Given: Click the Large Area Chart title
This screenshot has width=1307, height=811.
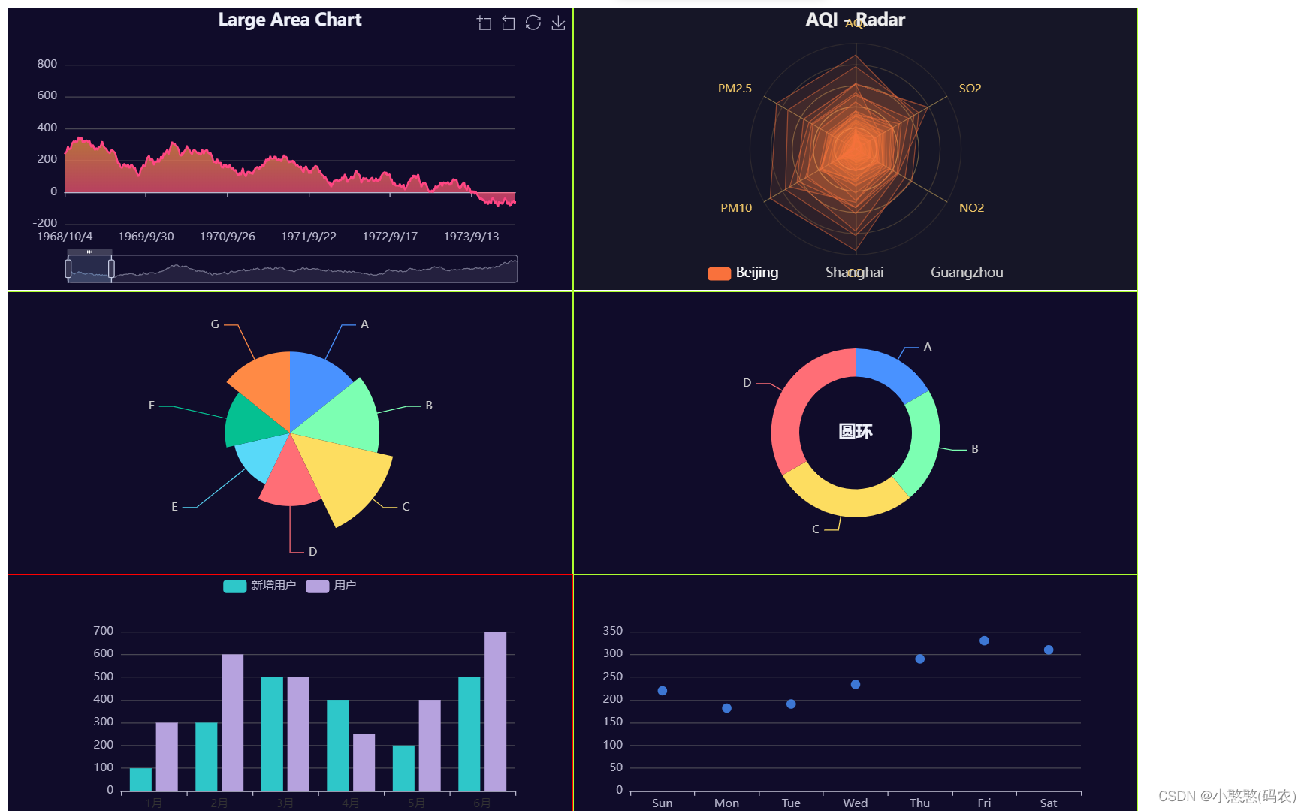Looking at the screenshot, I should pyautogui.click(x=289, y=20).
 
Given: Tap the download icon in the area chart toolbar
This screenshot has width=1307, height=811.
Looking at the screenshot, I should pyautogui.click(x=558, y=23).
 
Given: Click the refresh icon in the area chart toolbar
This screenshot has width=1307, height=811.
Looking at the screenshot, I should pyautogui.click(x=533, y=23).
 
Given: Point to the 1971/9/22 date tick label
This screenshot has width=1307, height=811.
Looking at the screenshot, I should pyautogui.click(x=308, y=237).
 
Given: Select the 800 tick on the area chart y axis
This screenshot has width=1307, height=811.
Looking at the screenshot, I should pyautogui.click(x=47, y=64).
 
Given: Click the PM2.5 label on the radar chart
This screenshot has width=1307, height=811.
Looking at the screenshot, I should pyautogui.click(x=734, y=89).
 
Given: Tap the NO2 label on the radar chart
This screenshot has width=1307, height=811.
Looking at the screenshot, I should pyautogui.click(x=970, y=208).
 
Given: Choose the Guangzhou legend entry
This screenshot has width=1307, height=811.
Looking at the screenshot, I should pyautogui.click(x=966, y=273).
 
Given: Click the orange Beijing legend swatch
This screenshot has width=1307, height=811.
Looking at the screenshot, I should pyautogui.click(x=719, y=273).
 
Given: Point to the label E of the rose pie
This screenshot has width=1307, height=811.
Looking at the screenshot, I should pyautogui.click(x=174, y=507).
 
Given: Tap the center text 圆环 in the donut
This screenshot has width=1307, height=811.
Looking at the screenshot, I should pyautogui.click(x=855, y=432).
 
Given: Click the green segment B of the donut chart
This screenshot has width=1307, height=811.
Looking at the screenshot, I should pyautogui.click(x=922, y=443).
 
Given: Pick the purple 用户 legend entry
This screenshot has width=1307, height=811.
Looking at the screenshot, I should pyautogui.click(x=331, y=586).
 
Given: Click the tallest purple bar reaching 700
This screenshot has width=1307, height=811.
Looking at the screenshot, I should pyautogui.click(x=495, y=710).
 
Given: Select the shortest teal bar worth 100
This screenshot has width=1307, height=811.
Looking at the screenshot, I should pyautogui.click(x=140, y=779).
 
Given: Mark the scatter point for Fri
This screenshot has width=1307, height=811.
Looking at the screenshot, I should pyautogui.click(x=984, y=641).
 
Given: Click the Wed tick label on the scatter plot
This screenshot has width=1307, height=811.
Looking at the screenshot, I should pyautogui.click(x=855, y=803).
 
